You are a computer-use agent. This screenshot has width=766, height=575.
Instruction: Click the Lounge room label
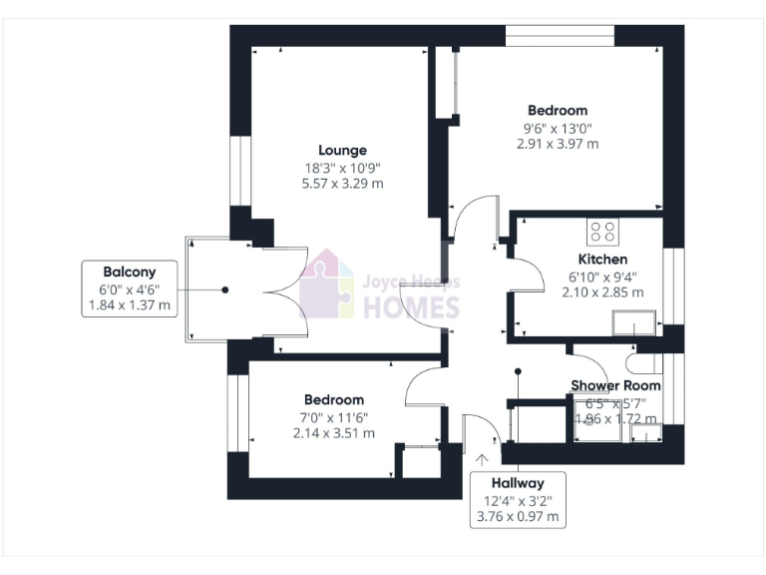pos(343,151)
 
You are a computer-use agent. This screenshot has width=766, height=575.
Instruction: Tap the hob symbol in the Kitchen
pos(602,232)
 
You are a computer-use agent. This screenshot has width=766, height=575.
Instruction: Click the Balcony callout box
pos(129,288)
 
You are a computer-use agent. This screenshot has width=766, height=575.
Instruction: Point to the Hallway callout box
pos(518,499)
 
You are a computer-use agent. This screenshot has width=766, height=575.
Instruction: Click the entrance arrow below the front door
pos(484,460)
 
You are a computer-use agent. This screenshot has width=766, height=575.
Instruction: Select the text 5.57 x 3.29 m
pos(343,184)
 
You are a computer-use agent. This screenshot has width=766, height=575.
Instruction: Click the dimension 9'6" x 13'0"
pos(558,128)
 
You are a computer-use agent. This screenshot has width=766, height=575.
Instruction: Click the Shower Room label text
pos(614,385)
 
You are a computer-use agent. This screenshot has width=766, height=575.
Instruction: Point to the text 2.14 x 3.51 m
pos(334,433)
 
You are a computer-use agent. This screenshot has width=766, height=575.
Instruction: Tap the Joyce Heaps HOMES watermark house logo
pos(327,285)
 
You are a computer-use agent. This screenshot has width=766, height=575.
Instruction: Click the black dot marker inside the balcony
pos(225,289)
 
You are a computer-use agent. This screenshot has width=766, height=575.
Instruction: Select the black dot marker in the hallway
pos(518,372)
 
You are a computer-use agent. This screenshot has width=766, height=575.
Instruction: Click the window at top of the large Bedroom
pos(560,35)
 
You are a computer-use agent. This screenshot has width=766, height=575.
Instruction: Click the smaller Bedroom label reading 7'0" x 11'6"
pos(334,416)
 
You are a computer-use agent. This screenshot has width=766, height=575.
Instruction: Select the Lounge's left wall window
pos(238,170)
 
